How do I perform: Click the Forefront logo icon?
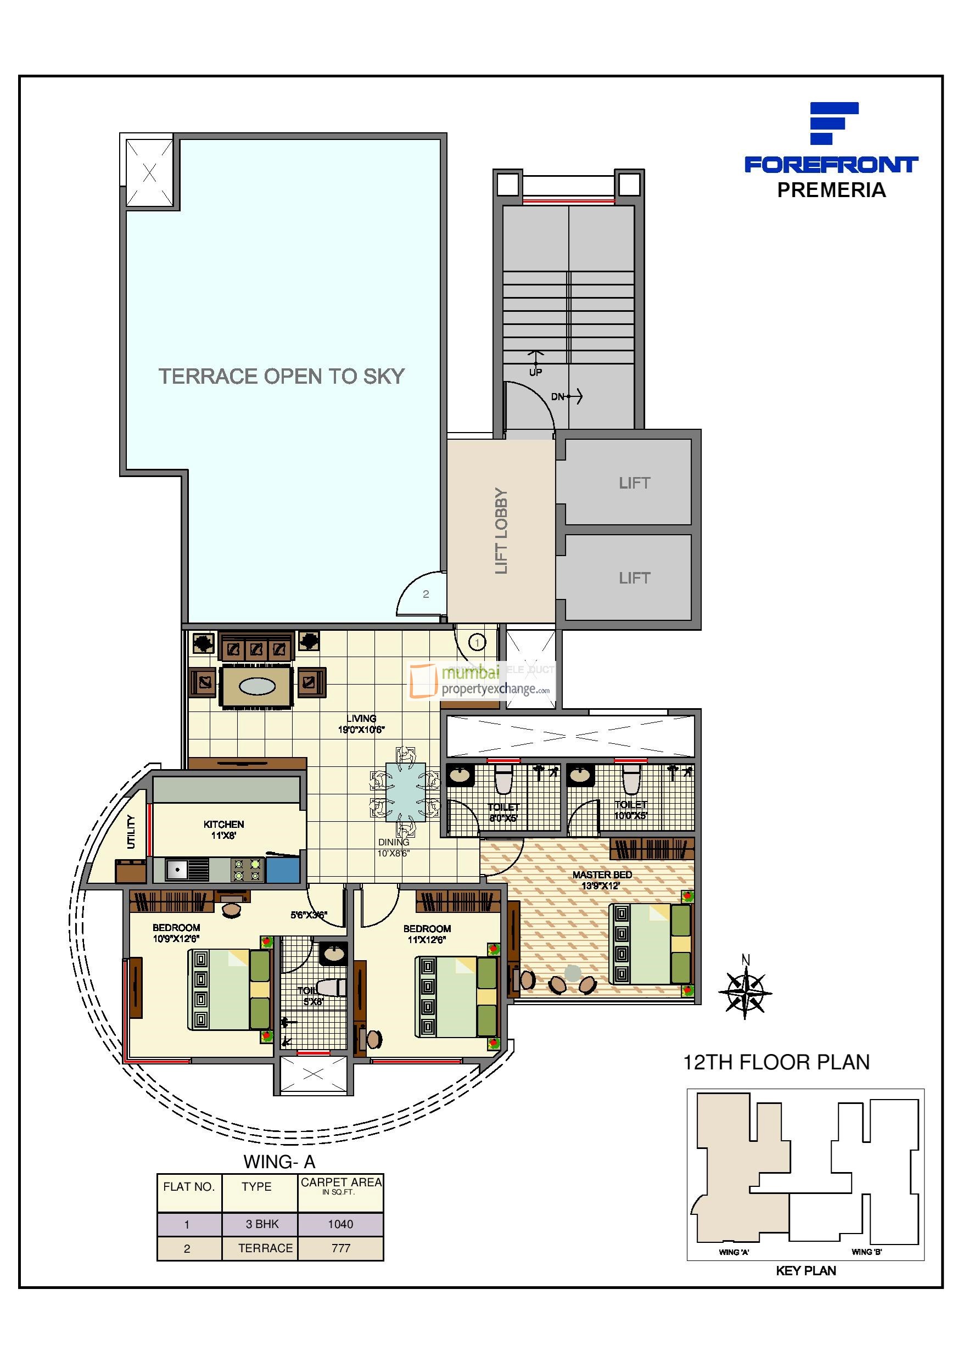833,123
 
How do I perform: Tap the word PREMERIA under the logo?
831,190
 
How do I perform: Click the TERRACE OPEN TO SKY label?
281,376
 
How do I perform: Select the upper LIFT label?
634,483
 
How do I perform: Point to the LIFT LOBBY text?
501,531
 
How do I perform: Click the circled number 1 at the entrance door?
477,642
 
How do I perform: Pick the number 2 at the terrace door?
425,594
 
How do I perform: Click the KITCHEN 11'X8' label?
223,829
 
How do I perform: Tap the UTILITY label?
131,832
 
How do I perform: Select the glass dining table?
405,793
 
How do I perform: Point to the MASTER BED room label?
602,879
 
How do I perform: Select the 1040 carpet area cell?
340,1224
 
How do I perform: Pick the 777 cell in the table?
340,1248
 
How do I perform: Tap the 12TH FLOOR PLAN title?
776,1062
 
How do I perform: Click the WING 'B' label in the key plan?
866,1252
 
